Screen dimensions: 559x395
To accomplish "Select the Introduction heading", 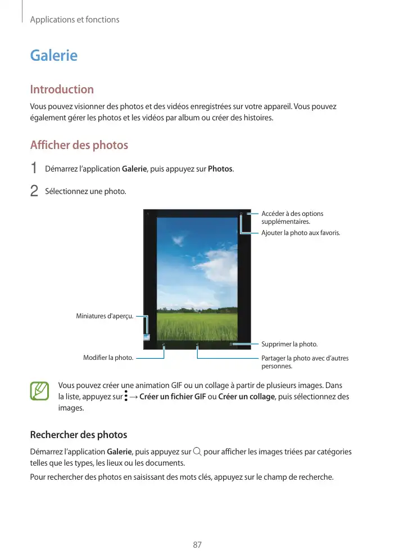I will click(x=62, y=89).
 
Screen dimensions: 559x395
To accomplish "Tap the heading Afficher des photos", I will click(x=79, y=145).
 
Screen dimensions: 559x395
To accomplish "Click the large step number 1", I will click(x=34, y=169).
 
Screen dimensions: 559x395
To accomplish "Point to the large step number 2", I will click(x=34, y=191).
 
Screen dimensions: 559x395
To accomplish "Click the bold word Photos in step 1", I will click(x=220, y=169).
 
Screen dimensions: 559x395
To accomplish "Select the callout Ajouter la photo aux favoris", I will click(x=301, y=233).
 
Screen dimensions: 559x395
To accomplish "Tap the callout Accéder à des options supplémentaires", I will click(x=292, y=218).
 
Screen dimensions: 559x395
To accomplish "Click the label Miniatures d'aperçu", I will click(x=105, y=316).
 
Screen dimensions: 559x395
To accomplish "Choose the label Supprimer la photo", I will click(x=289, y=344).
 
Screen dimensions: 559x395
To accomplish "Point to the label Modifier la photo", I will click(x=108, y=358).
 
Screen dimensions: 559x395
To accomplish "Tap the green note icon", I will click(x=39, y=391).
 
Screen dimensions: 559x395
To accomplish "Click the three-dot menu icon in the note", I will click(x=126, y=396).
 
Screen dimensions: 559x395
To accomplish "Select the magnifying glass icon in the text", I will click(x=196, y=452).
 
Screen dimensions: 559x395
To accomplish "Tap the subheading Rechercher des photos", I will click(x=78, y=435).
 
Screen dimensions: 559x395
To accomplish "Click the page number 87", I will click(x=197, y=545).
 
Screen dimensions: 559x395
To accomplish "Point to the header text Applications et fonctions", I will click(x=75, y=20).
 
